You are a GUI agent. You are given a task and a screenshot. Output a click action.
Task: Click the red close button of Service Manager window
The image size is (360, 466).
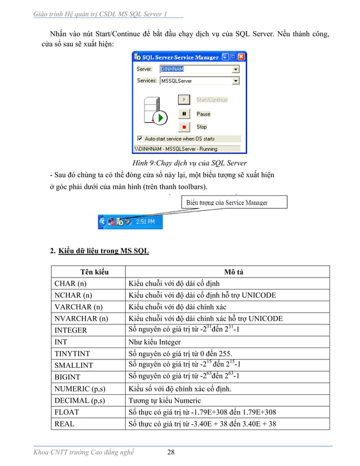(x=242, y=57)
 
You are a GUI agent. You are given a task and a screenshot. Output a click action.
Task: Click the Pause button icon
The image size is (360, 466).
(x=184, y=113)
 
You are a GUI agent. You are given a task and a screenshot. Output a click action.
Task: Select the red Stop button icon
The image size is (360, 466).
(x=184, y=127)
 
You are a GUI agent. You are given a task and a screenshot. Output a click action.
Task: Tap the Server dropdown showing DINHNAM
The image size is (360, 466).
(x=199, y=69)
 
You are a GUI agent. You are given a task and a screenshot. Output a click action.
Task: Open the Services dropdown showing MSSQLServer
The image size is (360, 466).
(x=199, y=81)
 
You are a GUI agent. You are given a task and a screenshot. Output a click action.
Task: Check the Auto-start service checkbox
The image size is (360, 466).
(x=140, y=138)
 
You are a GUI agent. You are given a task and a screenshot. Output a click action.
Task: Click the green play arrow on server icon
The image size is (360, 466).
(x=161, y=118)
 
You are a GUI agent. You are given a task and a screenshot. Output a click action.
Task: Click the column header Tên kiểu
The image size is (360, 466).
(x=88, y=272)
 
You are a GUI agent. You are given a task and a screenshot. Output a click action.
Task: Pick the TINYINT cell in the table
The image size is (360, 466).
(x=72, y=354)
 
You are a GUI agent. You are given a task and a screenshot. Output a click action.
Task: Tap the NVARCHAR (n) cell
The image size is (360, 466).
(x=81, y=319)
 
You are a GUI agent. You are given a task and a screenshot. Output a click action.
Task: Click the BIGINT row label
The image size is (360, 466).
(x=68, y=377)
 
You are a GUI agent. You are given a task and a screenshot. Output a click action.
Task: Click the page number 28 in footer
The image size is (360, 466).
(x=172, y=452)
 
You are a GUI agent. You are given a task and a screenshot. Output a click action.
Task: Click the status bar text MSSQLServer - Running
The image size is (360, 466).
(x=175, y=150)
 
